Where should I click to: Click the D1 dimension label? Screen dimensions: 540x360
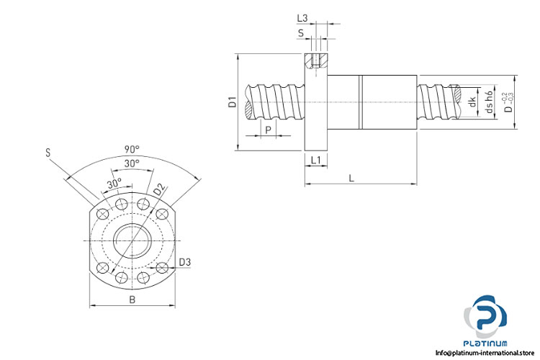233,102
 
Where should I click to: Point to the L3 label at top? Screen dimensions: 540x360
302,18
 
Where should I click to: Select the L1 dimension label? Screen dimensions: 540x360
315,160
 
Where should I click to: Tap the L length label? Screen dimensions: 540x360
351,178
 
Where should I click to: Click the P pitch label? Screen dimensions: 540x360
269,130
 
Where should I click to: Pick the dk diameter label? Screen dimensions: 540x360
472,102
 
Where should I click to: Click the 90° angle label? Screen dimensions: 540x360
132,149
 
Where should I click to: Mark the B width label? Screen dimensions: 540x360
132,300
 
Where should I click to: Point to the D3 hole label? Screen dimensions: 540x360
185,262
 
